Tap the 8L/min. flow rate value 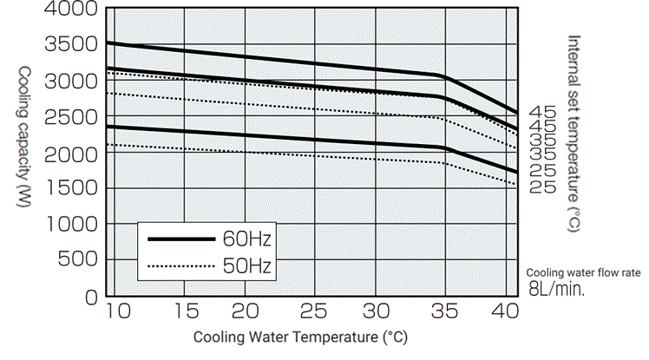coord(557,290)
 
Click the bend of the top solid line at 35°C coord(445,77)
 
